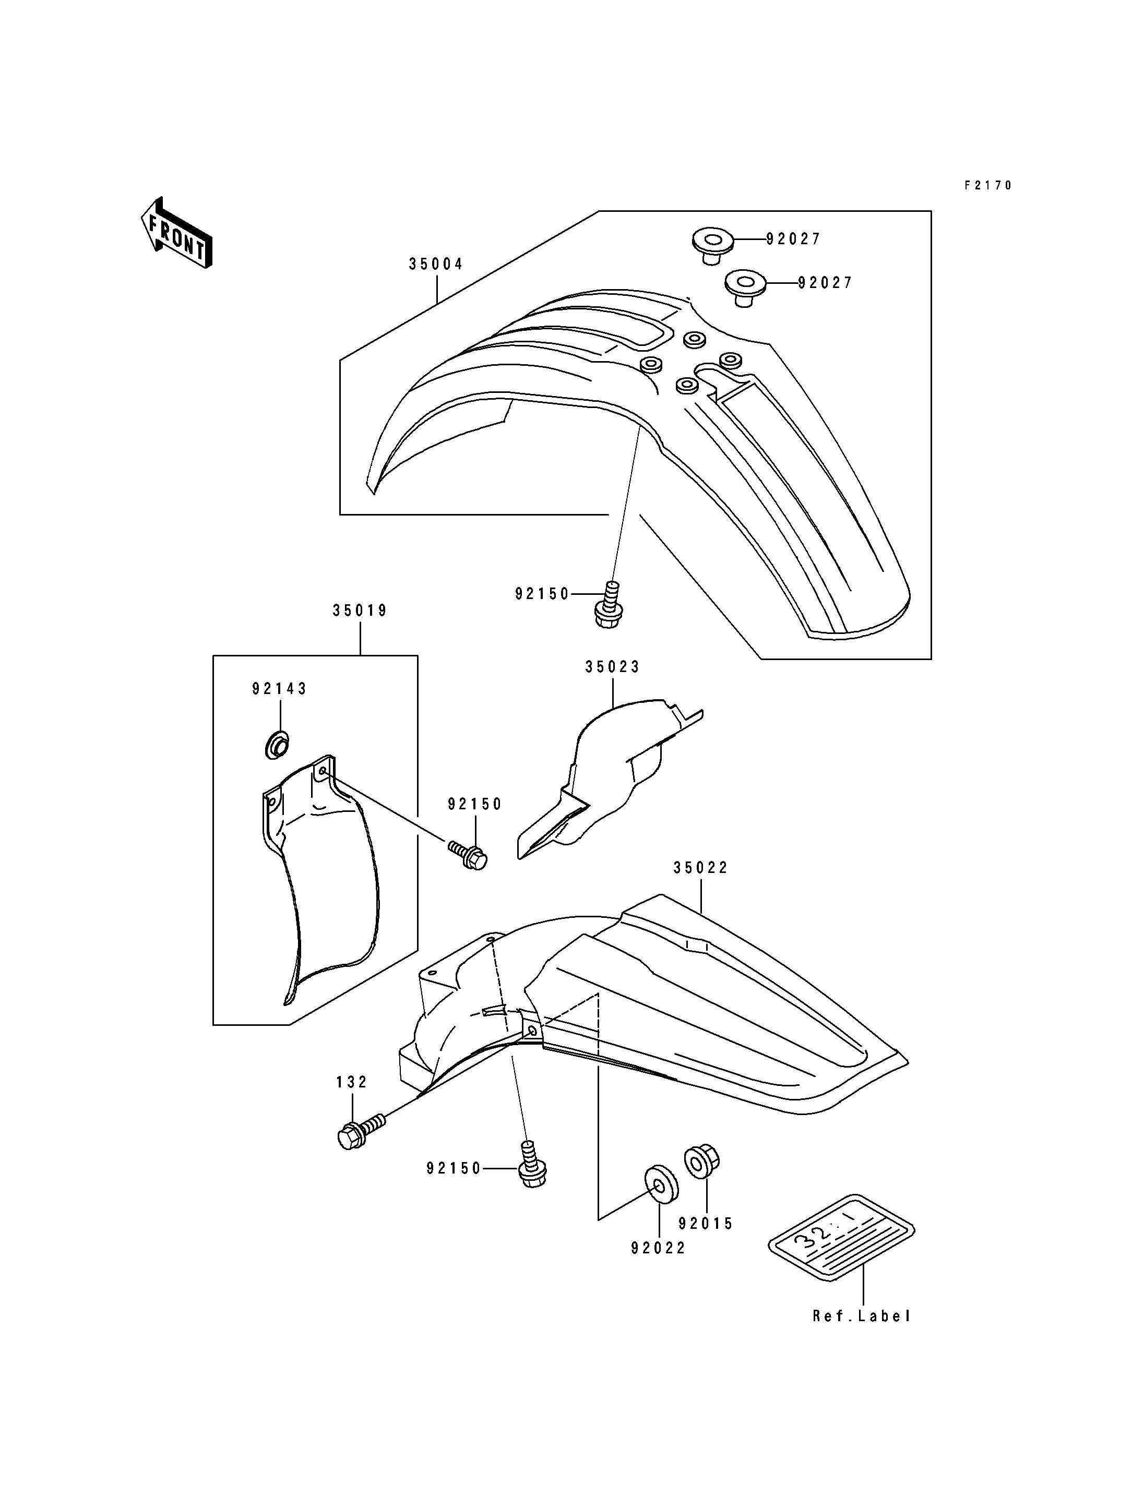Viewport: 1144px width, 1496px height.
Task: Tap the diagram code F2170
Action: click(x=988, y=185)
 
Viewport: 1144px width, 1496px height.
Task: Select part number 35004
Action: click(x=436, y=264)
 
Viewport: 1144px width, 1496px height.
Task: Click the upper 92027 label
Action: click(x=794, y=239)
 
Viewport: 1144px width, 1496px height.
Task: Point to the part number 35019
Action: click(x=360, y=611)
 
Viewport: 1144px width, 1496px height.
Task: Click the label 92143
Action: click(x=280, y=689)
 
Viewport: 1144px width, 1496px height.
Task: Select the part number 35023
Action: click(x=613, y=667)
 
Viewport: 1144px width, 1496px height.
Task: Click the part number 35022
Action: click(x=701, y=868)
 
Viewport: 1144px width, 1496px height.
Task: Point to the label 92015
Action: click(x=706, y=1224)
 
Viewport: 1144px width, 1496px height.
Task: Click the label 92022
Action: click(x=659, y=1248)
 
